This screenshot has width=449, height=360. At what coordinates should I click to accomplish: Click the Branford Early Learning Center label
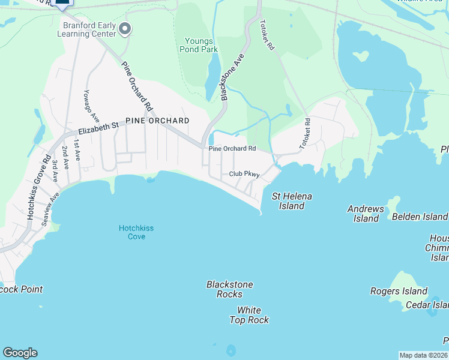coord(89,29)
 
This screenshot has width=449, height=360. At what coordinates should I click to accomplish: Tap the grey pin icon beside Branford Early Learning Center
coord(125,28)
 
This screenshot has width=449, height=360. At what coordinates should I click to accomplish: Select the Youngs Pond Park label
coord(199,45)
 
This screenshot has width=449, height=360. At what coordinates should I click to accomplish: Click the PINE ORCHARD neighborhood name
coord(157,121)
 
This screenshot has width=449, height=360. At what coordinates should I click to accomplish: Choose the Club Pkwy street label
coord(244,174)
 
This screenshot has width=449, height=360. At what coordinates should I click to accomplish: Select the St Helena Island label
coord(292,201)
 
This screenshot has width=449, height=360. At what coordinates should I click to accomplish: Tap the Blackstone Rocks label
coord(229,289)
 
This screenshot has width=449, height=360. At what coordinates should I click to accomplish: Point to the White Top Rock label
coord(249,315)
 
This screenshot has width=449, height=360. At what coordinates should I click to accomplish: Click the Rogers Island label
coord(399,292)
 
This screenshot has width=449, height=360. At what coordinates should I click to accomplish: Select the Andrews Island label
coord(366,214)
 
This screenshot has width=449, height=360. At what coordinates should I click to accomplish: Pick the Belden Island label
coord(420,217)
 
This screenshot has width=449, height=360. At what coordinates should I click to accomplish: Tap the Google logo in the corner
coord(20,353)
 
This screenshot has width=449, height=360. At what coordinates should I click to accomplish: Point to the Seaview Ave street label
coord(51,209)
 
